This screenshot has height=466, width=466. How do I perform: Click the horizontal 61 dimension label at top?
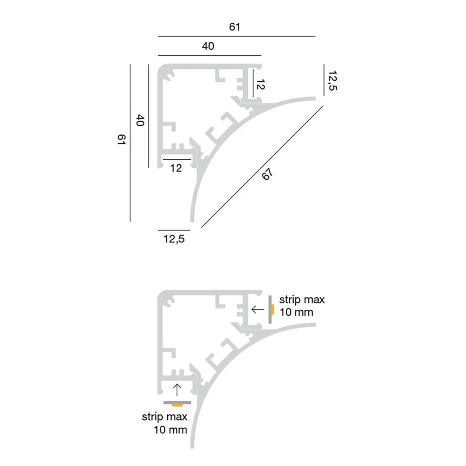coord(235,27)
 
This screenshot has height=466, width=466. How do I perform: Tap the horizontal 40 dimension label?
coord(208,46)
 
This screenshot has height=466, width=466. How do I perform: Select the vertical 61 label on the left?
coord(122,139)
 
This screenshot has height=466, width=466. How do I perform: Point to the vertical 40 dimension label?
coord(140,120)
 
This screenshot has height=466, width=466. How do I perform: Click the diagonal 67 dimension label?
coord(267,174)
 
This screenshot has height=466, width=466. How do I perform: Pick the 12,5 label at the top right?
coord(333,80)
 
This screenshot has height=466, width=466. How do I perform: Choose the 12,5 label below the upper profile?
coord(174,239)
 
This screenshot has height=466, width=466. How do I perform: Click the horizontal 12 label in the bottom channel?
coord(176,168)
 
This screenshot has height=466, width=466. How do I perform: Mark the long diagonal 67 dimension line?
coord(262,167)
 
